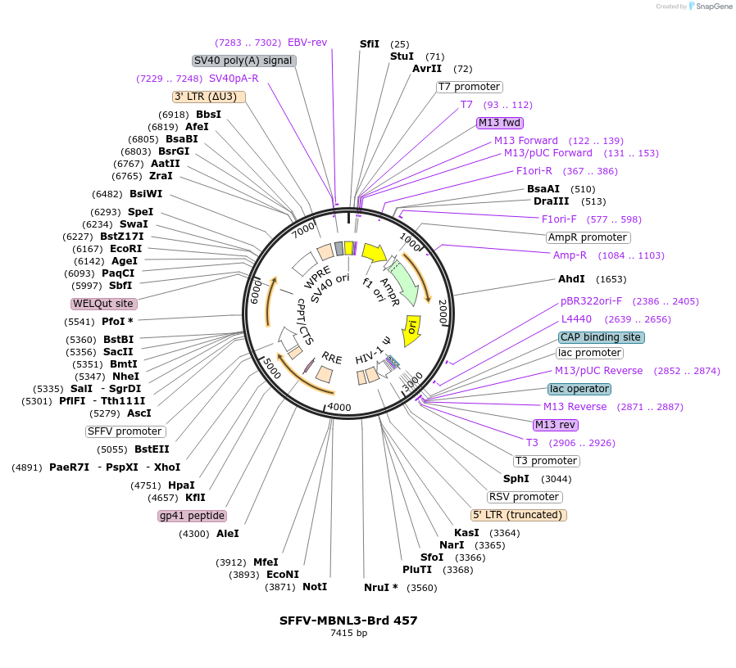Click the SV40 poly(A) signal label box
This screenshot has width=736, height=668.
tap(243, 61)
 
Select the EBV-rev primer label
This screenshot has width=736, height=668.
tap(307, 43)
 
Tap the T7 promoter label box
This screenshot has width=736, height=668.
tap(469, 87)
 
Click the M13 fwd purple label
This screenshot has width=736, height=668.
tap(500, 123)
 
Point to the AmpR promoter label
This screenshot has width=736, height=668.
tap(588, 237)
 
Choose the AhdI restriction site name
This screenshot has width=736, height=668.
tap(571, 279)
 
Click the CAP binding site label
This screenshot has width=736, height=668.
tap(602, 337)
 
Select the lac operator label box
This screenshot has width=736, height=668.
tap(579, 389)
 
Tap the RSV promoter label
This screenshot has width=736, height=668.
tap(525, 497)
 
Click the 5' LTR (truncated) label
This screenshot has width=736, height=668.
tap(518, 515)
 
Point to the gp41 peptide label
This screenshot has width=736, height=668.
tap(193, 516)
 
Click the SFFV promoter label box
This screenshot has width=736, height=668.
tap(125, 431)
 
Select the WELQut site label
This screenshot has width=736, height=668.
tap(103, 304)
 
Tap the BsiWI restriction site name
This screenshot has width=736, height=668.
tap(146, 194)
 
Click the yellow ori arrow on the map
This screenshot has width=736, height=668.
tap(412, 329)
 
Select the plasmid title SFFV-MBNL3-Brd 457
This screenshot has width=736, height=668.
tap(348, 621)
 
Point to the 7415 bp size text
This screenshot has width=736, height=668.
tap(348, 633)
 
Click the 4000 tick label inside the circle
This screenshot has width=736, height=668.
tap(338, 407)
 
